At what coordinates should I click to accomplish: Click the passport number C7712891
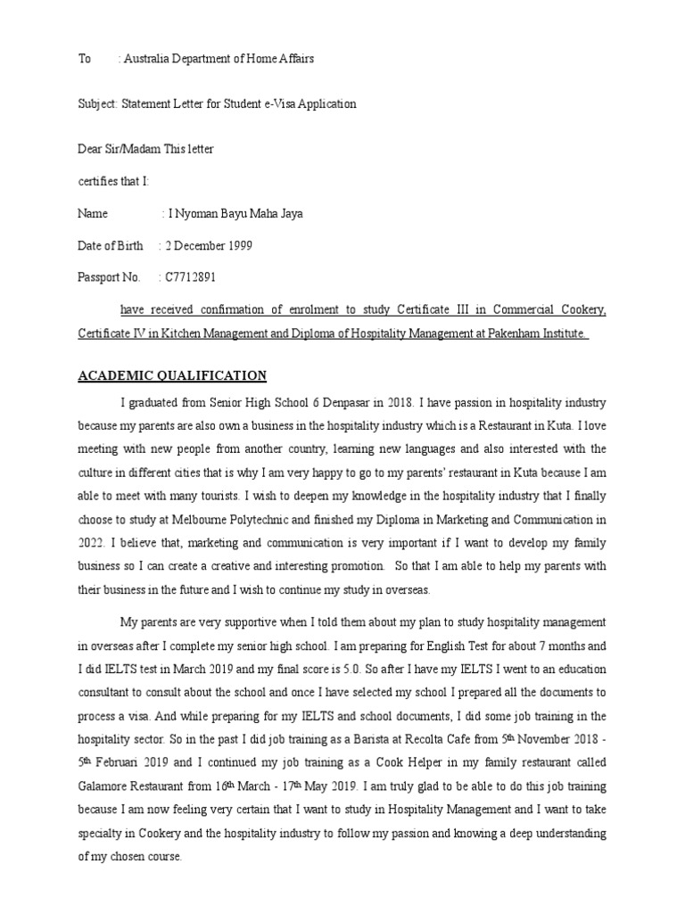click(x=190, y=277)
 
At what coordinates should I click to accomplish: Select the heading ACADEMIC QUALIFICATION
click(x=172, y=375)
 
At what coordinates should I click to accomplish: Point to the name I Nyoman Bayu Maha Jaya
click(x=235, y=213)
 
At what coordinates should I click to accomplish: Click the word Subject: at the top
click(x=97, y=103)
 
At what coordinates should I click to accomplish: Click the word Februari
click(x=119, y=762)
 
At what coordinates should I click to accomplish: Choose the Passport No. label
click(x=109, y=277)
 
